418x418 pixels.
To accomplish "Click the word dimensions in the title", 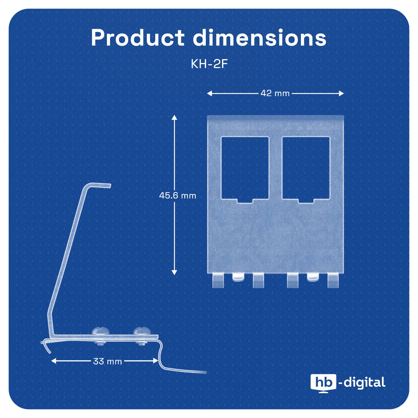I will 260,38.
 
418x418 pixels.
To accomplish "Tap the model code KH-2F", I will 209,64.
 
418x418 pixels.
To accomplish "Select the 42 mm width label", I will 275,93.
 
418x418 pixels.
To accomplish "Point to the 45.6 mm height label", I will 178,195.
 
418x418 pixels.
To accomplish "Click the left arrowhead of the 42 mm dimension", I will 210,93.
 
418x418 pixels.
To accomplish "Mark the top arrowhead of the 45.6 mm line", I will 174,117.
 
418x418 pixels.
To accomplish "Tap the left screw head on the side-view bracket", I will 99,331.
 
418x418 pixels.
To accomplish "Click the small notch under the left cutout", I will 245,201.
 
